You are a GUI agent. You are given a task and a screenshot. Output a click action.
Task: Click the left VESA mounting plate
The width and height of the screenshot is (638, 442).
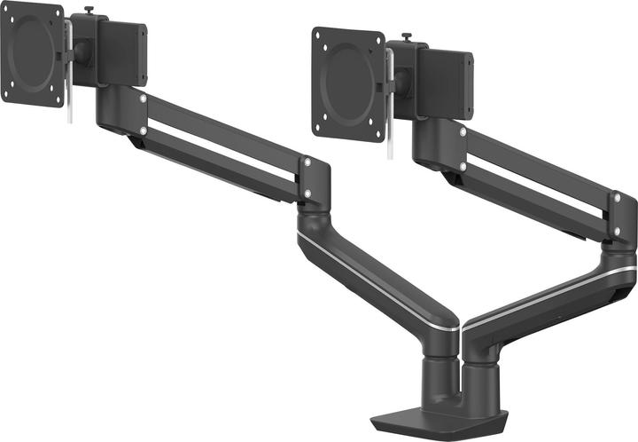[32, 52]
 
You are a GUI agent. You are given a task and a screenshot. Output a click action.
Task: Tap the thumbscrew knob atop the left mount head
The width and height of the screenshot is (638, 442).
[88, 12]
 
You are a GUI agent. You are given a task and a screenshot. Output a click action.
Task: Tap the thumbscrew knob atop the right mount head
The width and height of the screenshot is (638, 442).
[408, 37]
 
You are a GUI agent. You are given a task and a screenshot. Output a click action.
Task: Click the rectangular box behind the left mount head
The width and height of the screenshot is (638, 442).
[121, 53]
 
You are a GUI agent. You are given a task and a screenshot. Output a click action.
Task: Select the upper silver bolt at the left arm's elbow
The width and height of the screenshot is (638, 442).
[307, 163]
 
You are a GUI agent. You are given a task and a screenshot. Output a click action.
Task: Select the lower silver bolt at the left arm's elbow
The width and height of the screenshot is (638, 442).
[307, 191]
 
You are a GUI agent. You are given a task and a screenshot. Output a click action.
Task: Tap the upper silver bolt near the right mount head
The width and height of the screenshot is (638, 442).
[463, 132]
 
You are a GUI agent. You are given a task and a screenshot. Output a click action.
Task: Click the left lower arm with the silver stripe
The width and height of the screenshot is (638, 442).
[372, 275]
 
